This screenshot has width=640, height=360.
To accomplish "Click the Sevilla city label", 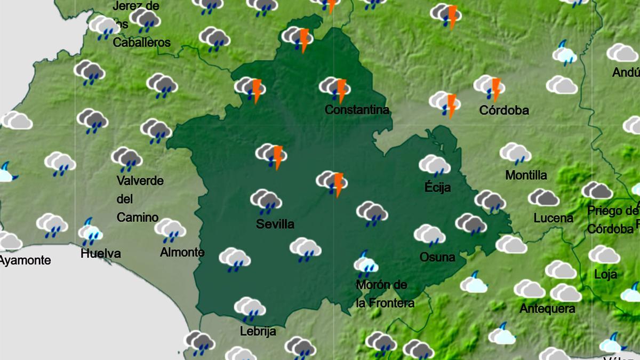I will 275,225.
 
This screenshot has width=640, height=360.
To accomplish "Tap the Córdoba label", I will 504,110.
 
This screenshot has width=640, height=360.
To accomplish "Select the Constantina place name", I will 357,110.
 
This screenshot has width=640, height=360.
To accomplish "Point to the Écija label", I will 438,187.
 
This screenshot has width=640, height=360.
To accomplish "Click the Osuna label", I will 437,257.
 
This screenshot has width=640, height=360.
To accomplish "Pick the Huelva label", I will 101,253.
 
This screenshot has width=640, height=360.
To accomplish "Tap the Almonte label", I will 182,252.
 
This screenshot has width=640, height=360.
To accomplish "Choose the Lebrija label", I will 258,331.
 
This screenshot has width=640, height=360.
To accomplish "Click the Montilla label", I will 526,175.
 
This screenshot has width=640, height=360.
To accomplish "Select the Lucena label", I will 554,218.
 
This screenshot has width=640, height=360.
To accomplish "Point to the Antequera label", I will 547,309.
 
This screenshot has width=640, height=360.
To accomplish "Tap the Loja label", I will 605,275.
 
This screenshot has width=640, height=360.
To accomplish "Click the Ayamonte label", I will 25,260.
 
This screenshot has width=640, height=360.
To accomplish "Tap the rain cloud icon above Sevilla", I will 266,201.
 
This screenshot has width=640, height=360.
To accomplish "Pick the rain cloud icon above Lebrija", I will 250,308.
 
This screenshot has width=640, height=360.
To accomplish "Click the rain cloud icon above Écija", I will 435,165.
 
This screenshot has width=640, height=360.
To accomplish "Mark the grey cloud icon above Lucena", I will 543,197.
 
